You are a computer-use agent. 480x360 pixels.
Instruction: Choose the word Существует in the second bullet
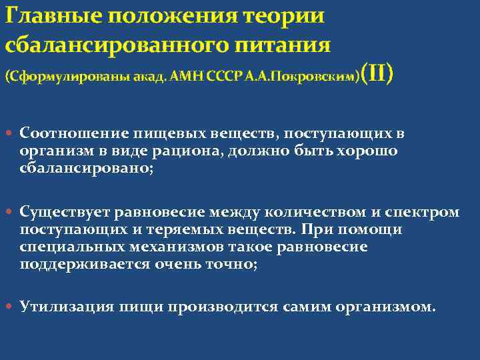pos(65,212)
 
